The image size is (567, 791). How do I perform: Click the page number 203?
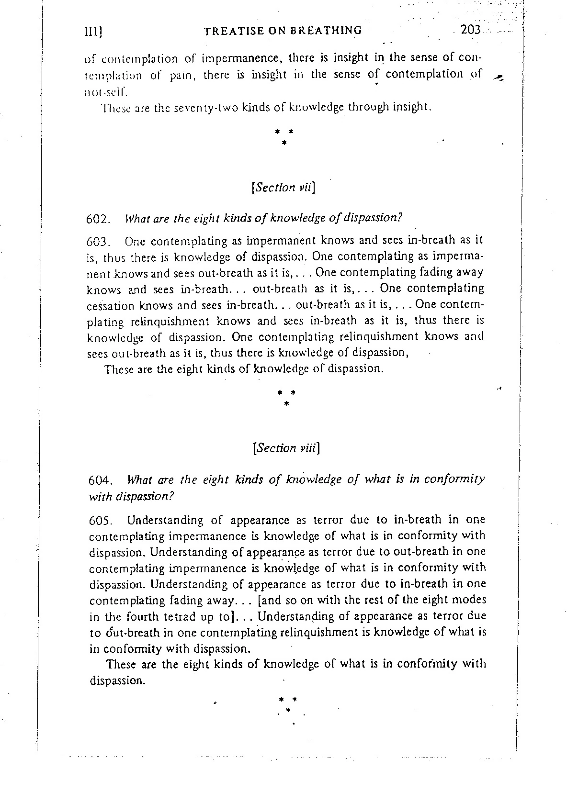click(470, 29)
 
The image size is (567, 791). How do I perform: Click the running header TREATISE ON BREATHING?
click(283, 31)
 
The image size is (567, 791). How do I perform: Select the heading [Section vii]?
click(283, 187)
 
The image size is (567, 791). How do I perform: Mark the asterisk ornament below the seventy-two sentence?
click(284, 135)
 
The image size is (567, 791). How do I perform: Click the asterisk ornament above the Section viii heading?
click(286, 397)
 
